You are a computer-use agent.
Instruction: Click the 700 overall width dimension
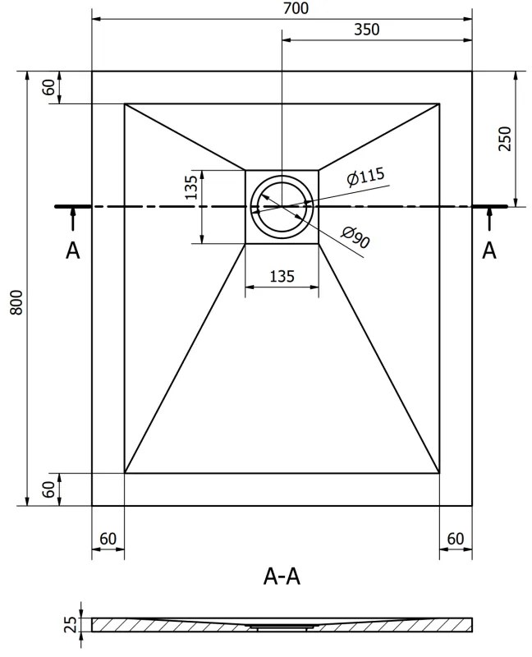[296, 8]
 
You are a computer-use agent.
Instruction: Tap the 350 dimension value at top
[367, 30]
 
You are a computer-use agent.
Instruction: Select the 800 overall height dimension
[16, 302]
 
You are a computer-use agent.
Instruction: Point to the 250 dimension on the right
[505, 139]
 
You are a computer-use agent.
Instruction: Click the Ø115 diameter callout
[365, 177]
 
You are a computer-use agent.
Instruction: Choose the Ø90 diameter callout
[355, 237]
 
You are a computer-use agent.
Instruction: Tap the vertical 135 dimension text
[190, 187]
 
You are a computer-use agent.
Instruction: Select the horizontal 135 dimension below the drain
[282, 276]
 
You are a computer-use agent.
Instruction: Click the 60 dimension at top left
[49, 87]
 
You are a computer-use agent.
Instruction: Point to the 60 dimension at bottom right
[456, 539]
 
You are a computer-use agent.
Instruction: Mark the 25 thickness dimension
[71, 624]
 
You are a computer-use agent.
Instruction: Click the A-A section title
[282, 577]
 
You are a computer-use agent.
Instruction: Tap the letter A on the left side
[72, 251]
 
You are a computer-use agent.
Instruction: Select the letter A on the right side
[488, 251]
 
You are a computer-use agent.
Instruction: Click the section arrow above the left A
[73, 219]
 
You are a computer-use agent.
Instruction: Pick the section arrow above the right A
[488, 219]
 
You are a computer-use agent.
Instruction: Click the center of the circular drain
[282, 207]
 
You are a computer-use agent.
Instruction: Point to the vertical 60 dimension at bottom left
[49, 489]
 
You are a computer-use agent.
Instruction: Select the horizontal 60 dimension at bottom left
[108, 539]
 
